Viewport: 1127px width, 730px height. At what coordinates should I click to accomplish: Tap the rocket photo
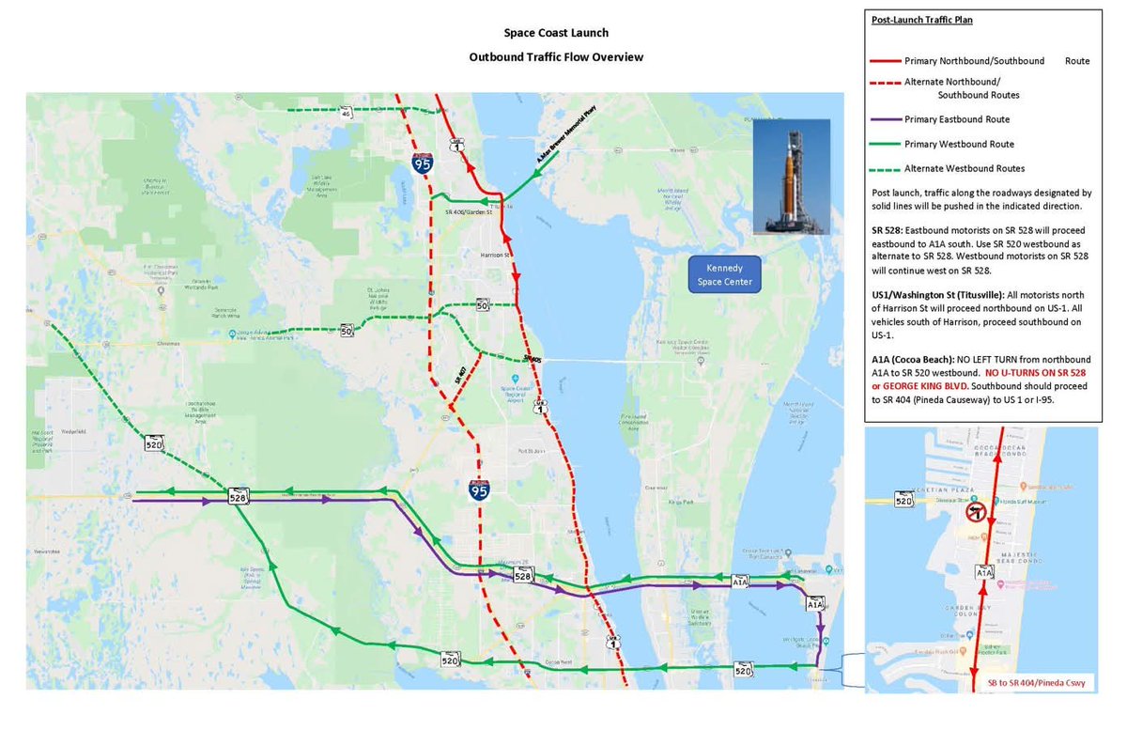791,176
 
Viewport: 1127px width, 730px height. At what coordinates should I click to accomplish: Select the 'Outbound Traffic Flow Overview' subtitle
556,57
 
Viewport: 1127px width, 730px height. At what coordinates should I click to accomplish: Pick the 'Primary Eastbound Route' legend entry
957,119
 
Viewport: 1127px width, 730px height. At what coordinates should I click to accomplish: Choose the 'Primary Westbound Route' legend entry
959,144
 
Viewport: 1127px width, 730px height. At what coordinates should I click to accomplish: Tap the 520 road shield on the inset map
903,500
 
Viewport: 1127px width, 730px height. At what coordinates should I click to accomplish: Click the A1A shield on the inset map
983,571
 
